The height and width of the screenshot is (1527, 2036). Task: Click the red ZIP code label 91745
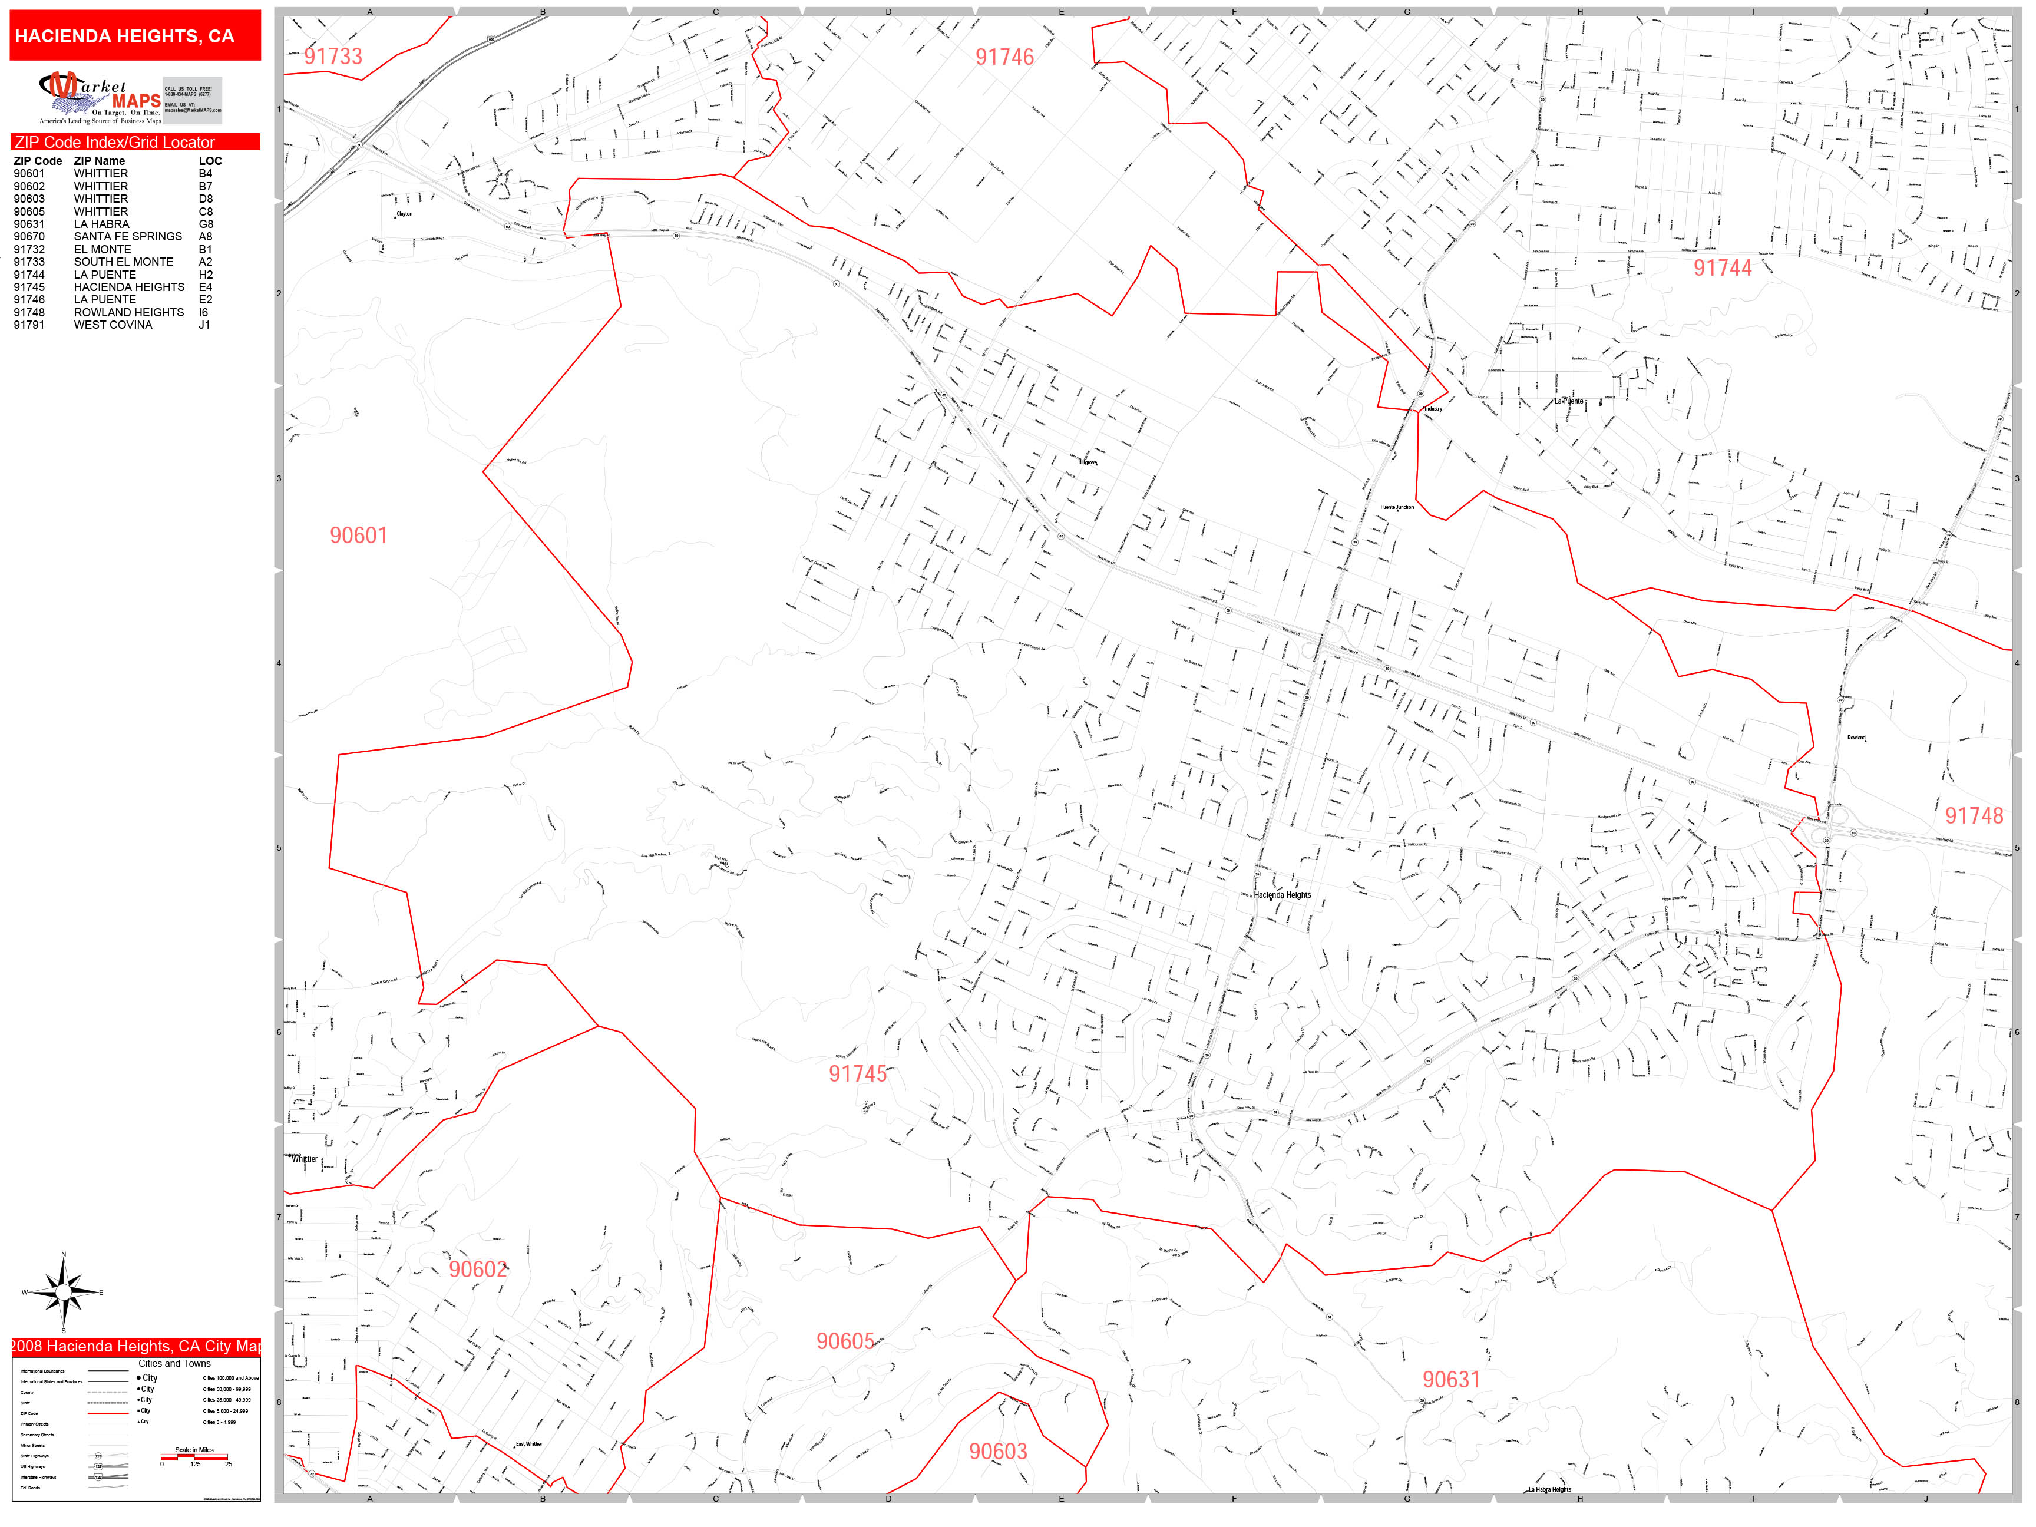point(857,1074)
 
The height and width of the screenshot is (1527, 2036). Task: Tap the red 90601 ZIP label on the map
point(359,536)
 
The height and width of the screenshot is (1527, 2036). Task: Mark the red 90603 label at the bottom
point(998,1452)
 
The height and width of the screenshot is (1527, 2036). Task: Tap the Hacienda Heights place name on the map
point(1282,895)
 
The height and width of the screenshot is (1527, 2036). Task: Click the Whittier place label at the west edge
point(305,1159)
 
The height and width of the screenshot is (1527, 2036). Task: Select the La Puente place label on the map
point(1569,401)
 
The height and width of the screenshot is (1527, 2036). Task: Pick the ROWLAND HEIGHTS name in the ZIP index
point(129,312)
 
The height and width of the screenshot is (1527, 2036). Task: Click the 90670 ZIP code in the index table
point(28,237)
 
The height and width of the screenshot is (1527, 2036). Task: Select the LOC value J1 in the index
point(204,325)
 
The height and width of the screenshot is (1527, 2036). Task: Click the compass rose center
point(64,1293)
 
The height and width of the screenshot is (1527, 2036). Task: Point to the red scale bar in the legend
point(194,1457)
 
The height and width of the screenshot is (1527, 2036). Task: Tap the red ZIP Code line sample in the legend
point(108,1413)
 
